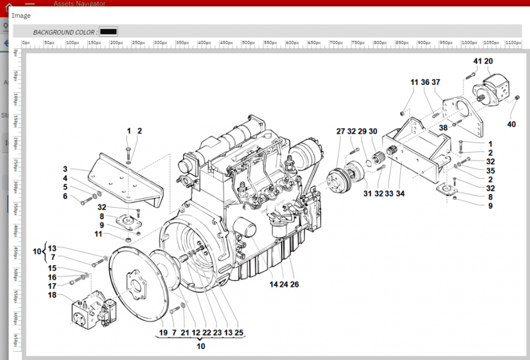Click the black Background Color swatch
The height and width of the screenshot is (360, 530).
[x=108, y=32]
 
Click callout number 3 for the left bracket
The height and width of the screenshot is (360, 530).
[x=66, y=169]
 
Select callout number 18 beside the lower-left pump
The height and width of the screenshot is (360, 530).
[x=52, y=295]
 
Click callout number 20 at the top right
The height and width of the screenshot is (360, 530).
[x=488, y=61]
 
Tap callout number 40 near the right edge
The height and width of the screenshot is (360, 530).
[x=511, y=124]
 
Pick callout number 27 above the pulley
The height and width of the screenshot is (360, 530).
[x=340, y=131]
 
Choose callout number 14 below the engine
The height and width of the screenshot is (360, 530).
[x=274, y=284]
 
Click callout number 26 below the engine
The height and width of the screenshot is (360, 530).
[x=295, y=284]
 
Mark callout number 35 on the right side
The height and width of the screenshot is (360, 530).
[x=490, y=171]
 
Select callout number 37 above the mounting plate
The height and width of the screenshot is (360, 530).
[x=436, y=82]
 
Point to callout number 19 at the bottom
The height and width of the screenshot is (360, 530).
[x=163, y=333]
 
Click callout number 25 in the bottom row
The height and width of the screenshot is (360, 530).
[x=239, y=333]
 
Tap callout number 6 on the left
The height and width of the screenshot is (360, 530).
[x=65, y=196]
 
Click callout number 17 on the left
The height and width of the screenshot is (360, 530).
[x=52, y=286]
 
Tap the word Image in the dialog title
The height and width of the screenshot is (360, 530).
[x=21, y=16]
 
